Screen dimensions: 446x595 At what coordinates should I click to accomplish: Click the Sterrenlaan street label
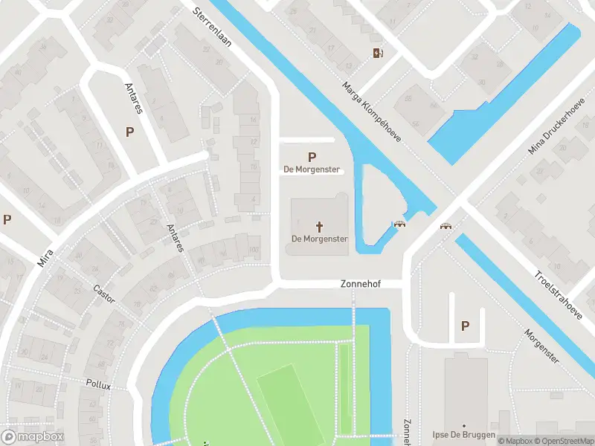coord(212,28)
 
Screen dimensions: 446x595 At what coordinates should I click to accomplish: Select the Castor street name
coord(104,294)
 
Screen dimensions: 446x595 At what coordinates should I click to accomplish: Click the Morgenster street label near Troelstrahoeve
coord(541,346)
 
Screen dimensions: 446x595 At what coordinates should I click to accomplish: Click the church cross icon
coord(320,226)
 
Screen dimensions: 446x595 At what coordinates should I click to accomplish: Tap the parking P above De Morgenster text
coord(312,157)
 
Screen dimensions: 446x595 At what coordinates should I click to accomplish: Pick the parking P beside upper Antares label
coord(130,132)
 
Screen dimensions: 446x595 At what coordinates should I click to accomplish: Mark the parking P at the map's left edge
coord(7,219)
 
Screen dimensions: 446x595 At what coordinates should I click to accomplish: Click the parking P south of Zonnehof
coord(466,326)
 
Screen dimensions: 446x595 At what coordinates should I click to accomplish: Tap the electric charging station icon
coord(378,52)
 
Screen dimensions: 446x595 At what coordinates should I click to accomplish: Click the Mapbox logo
coord(33,437)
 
